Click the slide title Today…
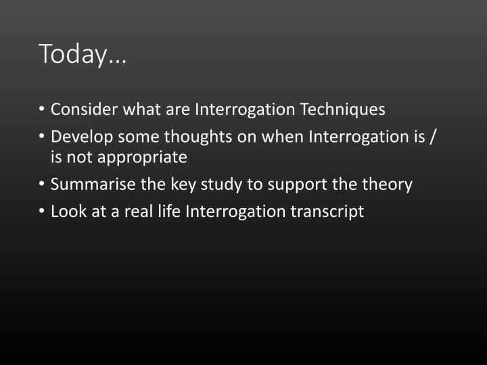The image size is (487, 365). [83, 54]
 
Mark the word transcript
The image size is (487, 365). [327, 212]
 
